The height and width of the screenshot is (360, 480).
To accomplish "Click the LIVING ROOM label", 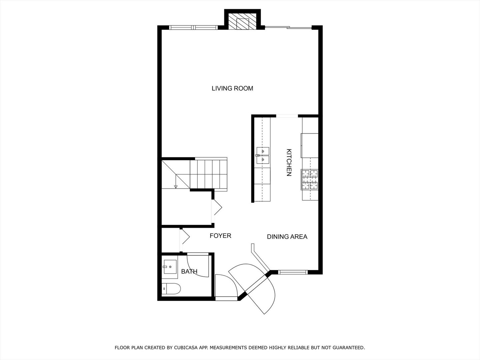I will pyautogui.click(x=232, y=88).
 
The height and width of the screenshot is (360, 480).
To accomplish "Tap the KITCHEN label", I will pyautogui.click(x=289, y=162).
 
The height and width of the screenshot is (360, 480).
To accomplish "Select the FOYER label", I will pyautogui.click(x=220, y=236).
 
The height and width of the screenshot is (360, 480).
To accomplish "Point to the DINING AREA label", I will pyautogui.click(x=287, y=237).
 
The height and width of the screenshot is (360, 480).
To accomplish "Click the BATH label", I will pyautogui.click(x=189, y=272).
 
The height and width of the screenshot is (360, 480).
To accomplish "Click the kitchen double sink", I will pyautogui.click(x=262, y=156).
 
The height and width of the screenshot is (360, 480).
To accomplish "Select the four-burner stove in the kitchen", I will pyautogui.click(x=310, y=179).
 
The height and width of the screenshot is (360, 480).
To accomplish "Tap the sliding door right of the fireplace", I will pyautogui.click(x=288, y=28).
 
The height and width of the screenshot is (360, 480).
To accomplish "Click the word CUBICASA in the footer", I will pyautogui.click(x=187, y=348).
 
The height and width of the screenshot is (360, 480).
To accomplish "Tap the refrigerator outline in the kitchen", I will pyautogui.click(x=310, y=145).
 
